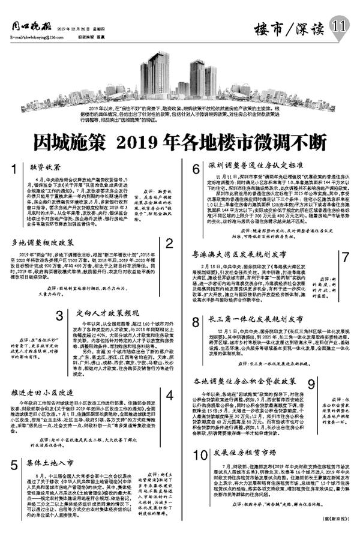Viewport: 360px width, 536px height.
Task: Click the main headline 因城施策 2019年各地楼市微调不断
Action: tap(180, 143)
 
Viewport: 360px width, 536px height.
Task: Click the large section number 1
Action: tap(13, 170)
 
